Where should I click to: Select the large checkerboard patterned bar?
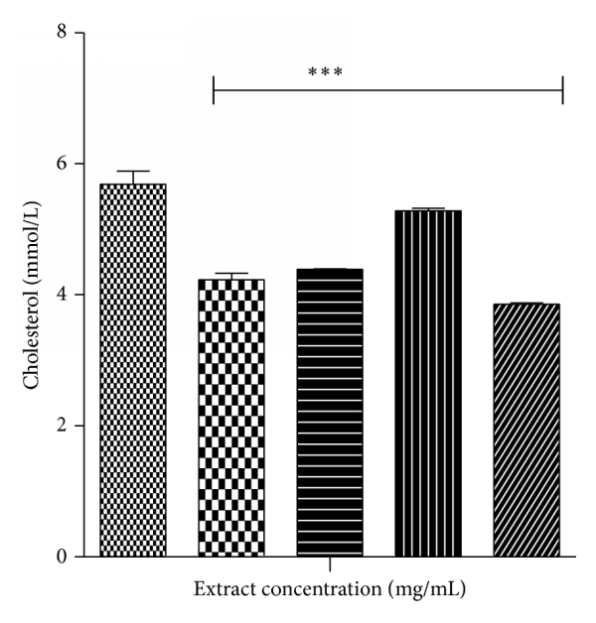click(231, 418)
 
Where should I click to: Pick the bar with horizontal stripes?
click(330, 413)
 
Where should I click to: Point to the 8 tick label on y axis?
click(62, 33)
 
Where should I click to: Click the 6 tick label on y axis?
click(62, 164)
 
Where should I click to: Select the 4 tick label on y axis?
click(62, 295)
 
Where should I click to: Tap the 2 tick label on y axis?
click(62, 426)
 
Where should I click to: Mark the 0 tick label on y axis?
click(62, 557)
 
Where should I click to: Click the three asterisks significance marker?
click(325, 73)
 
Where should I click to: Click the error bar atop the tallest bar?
click(133, 177)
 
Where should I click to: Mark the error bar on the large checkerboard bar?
click(231, 276)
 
